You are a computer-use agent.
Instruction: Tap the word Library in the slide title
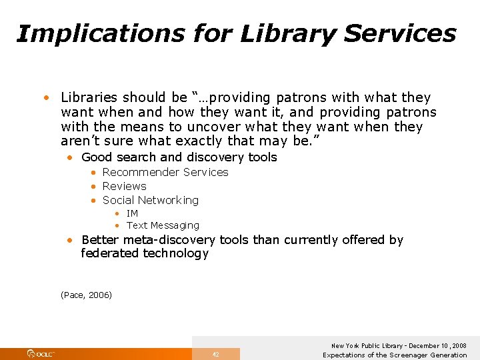click(x=273, y=33)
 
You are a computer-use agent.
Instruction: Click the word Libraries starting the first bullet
click(x=89, y=97)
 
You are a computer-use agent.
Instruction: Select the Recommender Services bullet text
click(x=165, y=172)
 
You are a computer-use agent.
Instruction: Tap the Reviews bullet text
click(x=124, y=186)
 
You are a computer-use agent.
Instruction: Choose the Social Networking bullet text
click(x=150, y=200)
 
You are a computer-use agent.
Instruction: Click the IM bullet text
click(x=132, y=213)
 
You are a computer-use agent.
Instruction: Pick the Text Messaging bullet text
click(x=163, y=225)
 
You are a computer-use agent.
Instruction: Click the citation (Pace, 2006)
click(x=86, y=295)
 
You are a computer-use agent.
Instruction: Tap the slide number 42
click(x=215, y=354)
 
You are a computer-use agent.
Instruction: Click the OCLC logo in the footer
click(x=41, y=353)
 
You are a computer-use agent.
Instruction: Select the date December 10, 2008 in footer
click(x=437, y=346)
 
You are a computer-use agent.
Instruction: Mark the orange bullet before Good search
click(x=70, y=157)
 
